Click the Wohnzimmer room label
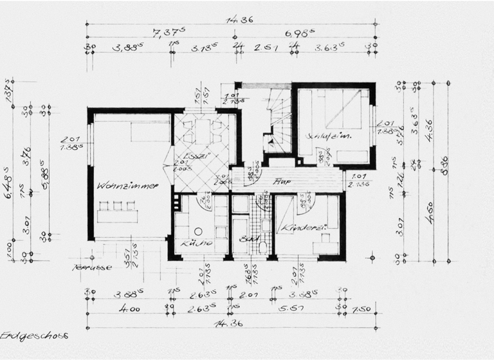tap(128, 186)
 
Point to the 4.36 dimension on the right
tap(429, 126)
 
